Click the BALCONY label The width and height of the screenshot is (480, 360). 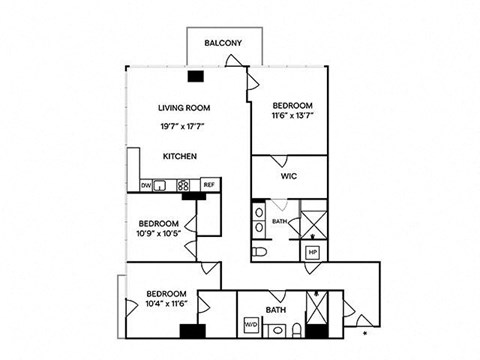click(223, 43)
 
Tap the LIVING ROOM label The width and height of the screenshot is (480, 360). click(184, 108)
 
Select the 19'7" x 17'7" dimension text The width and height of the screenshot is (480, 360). click(182, 126)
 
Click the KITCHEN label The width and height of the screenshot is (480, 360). click(180, 156)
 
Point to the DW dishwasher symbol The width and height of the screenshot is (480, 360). click(146, 185)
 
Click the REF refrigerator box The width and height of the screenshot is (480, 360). click(210, 185)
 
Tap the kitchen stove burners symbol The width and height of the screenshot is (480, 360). click(183, 185)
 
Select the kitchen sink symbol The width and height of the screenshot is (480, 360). click(160, 185)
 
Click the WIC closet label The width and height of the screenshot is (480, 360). click(289, 176)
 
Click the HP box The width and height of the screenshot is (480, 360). click(313, 252)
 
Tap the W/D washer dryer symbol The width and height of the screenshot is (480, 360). click(251, 324)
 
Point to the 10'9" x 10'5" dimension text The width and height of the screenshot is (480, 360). click(159, 233)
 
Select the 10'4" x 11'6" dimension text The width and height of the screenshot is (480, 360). click(167, 303)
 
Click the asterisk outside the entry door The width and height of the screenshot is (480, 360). click(365, 333)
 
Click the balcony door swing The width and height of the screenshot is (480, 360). click(233, 60)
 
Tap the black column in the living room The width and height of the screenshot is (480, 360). click(196, 76)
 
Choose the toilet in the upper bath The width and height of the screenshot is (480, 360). click(259, 252)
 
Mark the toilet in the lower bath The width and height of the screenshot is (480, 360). click(296, 330)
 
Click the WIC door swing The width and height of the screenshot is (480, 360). click(279, 161)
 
